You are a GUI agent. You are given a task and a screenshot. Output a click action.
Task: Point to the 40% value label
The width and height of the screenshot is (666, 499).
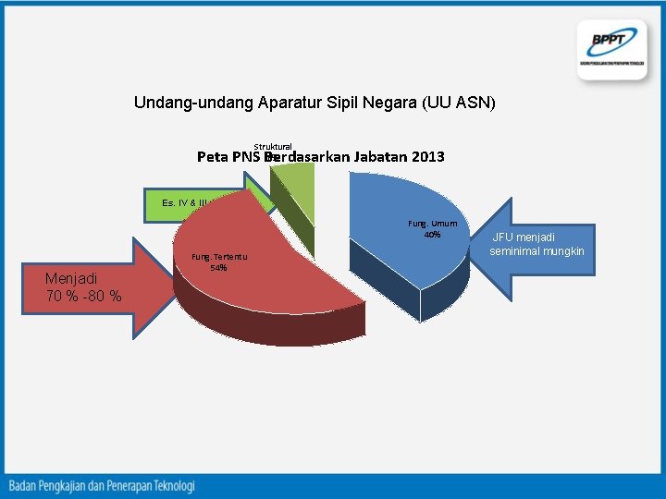(432, 234)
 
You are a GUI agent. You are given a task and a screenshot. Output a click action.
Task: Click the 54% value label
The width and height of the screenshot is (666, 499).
(218, 268)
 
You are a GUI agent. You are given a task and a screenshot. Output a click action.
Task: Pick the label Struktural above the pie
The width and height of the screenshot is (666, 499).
(273, 146)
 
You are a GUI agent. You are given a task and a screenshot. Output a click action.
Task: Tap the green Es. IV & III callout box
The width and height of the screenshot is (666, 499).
(185, 202)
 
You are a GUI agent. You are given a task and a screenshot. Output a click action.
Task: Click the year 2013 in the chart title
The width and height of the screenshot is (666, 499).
(425, 157)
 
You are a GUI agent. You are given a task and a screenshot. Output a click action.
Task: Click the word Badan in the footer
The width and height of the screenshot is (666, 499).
(27, 485)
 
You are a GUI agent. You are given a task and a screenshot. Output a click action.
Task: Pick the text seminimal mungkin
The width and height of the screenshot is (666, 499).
(537, 251)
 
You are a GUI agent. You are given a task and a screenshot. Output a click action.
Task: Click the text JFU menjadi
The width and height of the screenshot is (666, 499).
(524, 237)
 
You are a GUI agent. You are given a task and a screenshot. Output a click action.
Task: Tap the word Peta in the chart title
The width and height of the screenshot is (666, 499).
(213, 157)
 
